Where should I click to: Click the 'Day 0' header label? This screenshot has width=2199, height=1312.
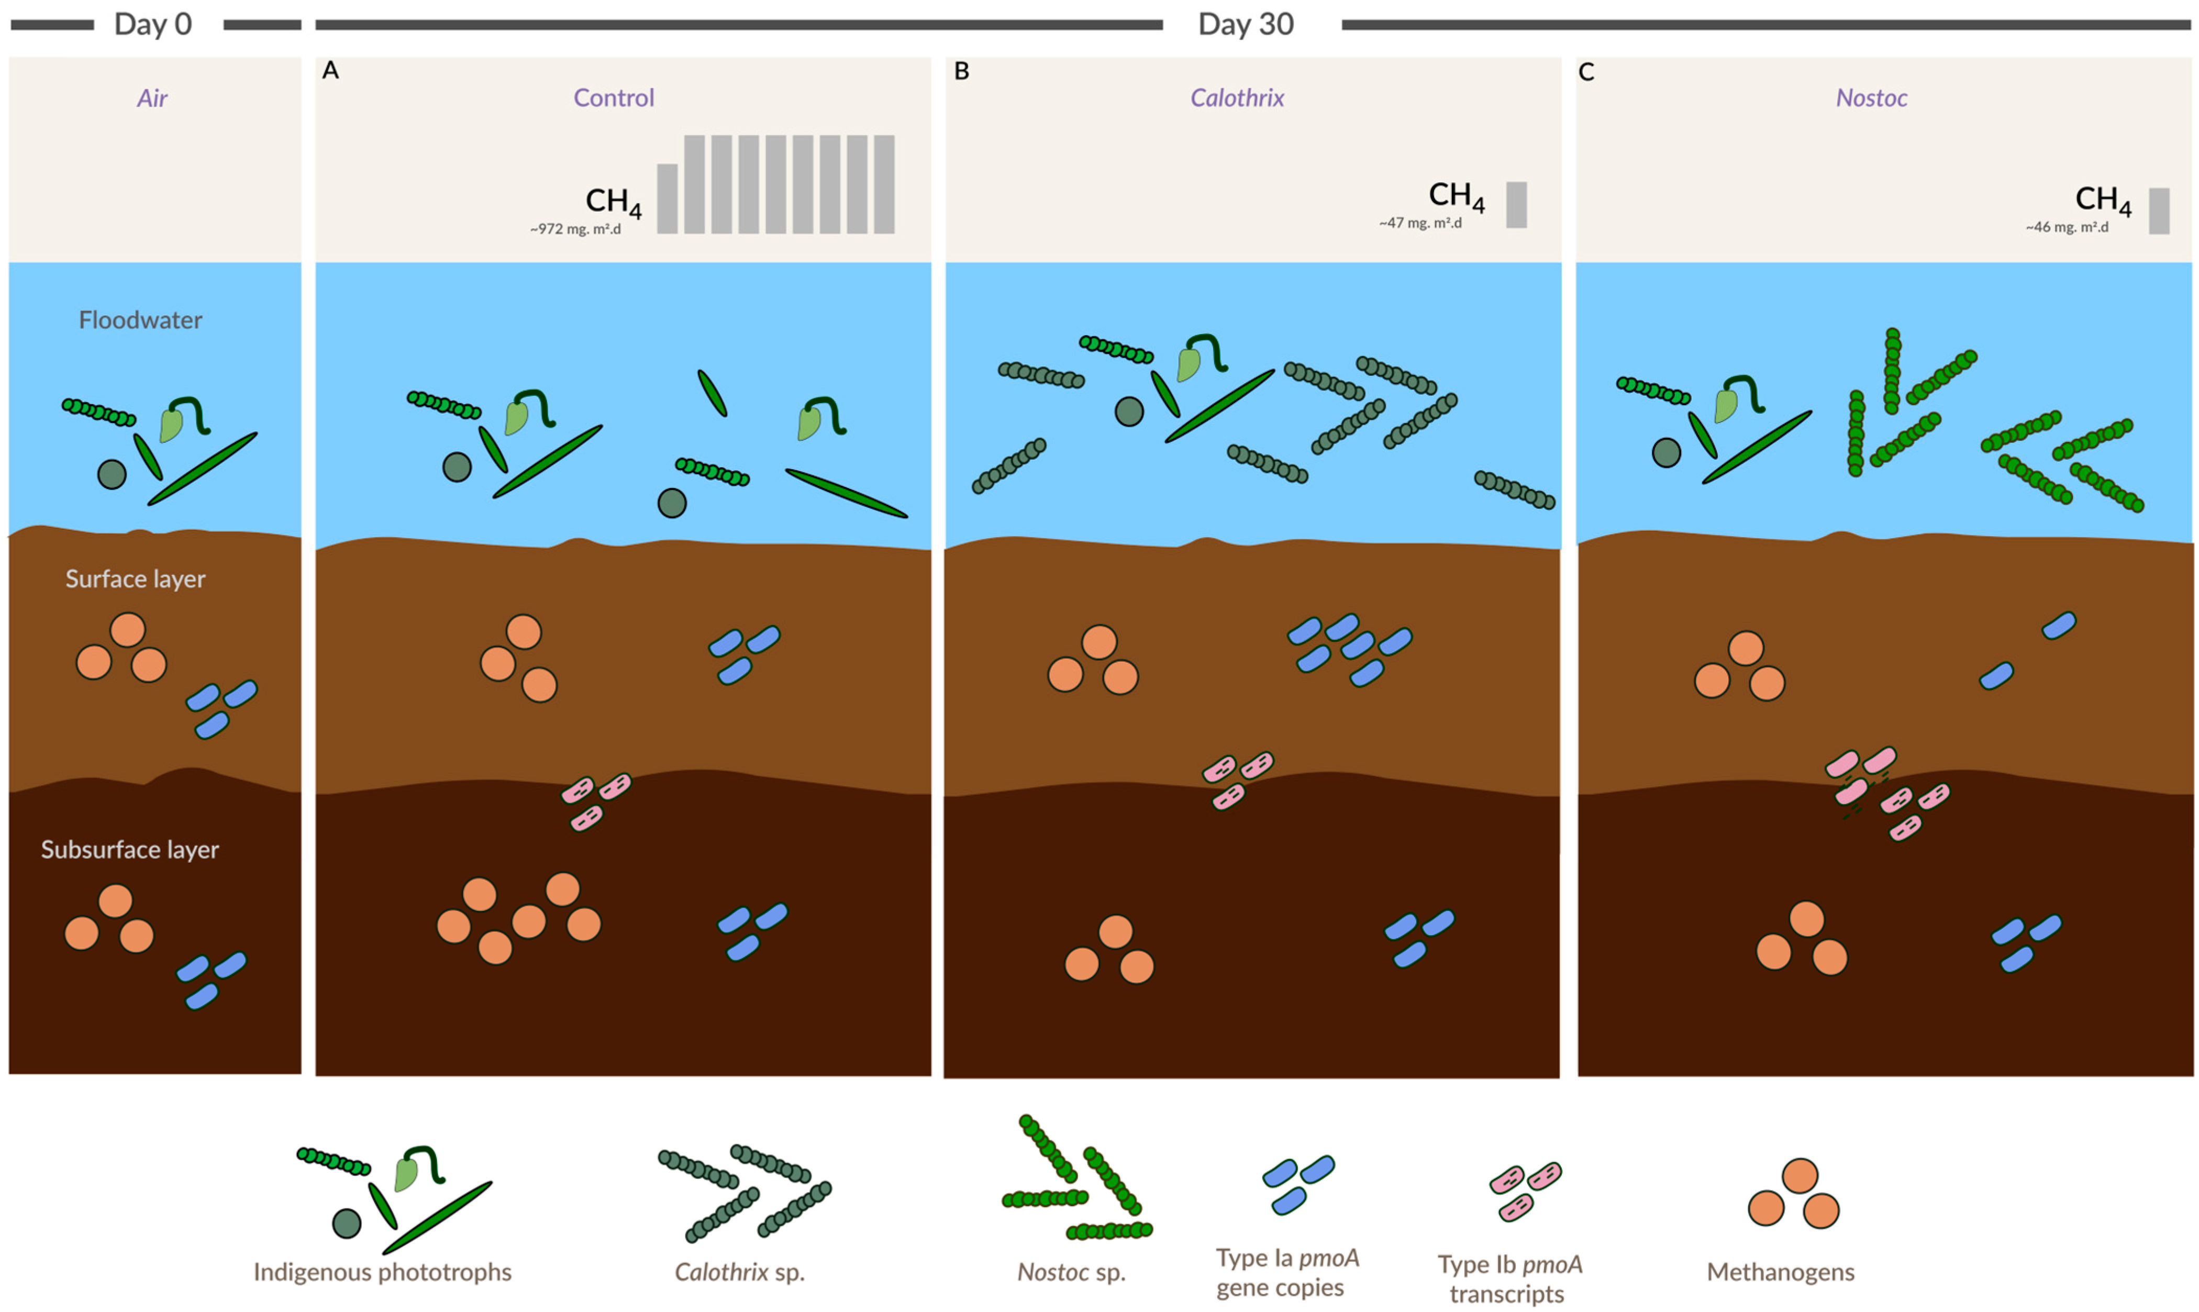153,24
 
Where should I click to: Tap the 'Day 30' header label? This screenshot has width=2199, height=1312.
1245,24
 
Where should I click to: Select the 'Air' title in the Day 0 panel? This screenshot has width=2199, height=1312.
152,98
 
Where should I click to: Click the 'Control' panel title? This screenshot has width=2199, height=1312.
614,98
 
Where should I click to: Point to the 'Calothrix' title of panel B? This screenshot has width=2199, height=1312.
1237,98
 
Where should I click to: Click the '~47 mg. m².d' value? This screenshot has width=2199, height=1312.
1420,224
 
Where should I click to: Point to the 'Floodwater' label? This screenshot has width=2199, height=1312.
141,320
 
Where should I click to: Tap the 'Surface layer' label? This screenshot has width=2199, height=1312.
135,579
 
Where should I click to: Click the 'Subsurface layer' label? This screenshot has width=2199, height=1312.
130,850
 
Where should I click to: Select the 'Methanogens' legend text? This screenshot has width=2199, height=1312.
1781,1272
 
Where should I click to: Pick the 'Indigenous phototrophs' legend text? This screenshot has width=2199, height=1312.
382,1272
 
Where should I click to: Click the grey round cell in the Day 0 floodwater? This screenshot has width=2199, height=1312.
112,475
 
